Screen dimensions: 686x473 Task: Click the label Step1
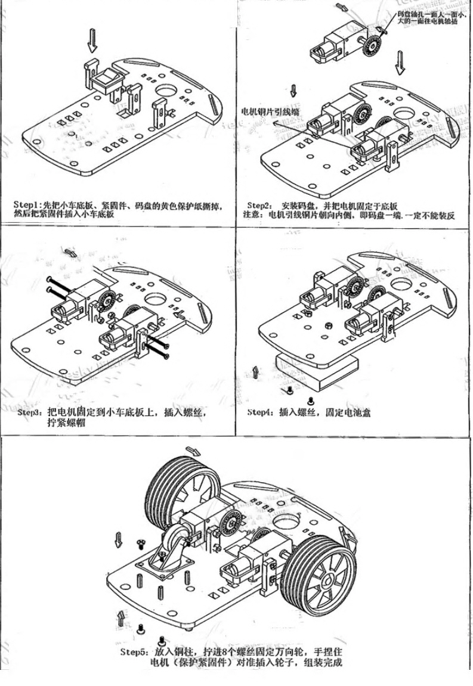tap(26, 205)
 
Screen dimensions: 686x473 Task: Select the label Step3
tap(29, 412)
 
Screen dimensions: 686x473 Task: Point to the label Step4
tap(260, 412)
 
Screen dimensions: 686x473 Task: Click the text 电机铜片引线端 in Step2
tap(270, 111)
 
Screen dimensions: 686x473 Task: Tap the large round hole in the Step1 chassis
tap(167, 91)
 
